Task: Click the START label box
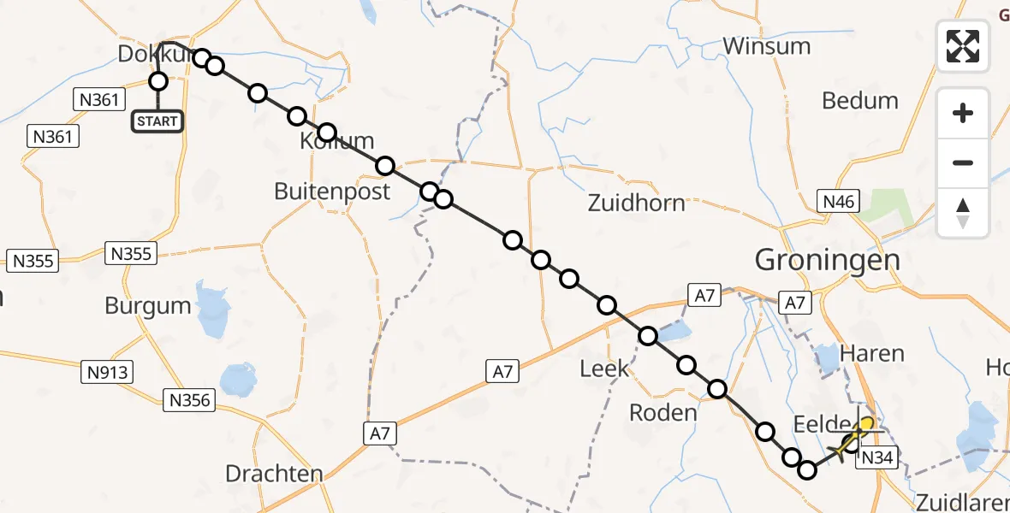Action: tap(157, 121)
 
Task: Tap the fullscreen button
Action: tap(963, 45)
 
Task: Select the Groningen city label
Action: tap(816, 260)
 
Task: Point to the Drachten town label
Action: tap(274, 473)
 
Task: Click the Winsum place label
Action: tap(767, 45)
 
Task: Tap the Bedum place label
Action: tap(860, 100)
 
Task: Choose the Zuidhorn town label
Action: tap(637, 203)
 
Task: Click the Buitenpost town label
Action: tap(332, 191)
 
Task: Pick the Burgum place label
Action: tap(148, 305)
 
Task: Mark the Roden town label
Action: tap(663, 412)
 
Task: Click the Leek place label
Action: tap(604, 369)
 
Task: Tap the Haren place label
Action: tap(872, 352)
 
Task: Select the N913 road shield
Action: tap(107, 372)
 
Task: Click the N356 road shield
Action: tap(190, 399)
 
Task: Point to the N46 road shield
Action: tap(839, 202)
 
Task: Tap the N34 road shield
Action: tap(876, 458)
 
